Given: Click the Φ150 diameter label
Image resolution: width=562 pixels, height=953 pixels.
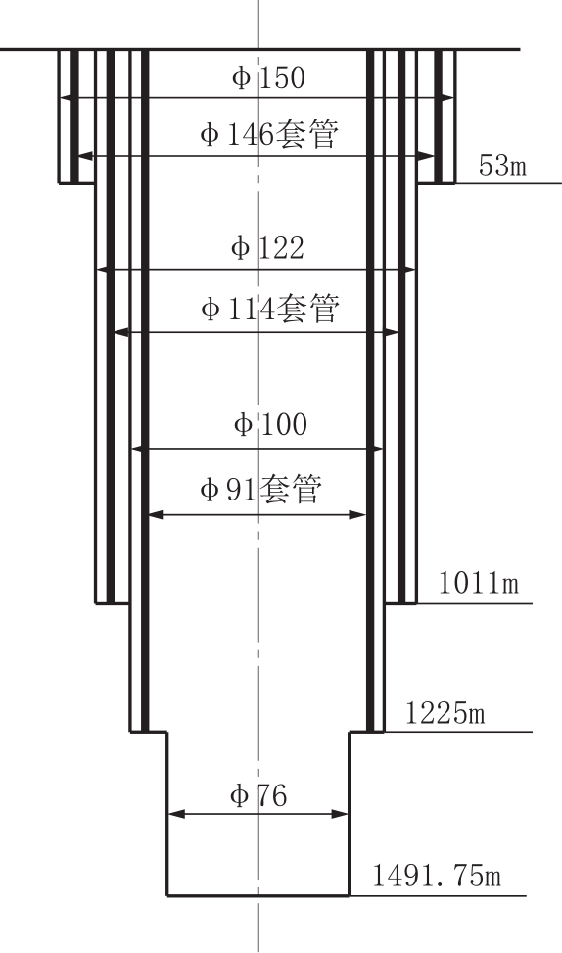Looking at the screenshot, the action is [268, 78].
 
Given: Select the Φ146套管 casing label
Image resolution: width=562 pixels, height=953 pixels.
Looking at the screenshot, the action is [268, 134].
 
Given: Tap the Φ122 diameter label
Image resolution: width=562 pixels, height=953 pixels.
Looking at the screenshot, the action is [267, 248].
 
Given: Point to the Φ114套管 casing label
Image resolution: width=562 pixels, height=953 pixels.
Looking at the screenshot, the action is [269, 309].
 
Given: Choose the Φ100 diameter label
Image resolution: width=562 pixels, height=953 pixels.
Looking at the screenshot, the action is [270, 424].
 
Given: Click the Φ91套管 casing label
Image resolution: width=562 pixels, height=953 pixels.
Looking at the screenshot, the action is [260, 490].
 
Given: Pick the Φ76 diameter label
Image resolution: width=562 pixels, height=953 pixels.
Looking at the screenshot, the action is [258, 795].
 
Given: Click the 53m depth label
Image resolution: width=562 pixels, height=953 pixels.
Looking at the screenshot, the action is [502, 166].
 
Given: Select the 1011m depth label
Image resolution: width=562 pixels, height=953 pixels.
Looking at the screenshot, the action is [479, 583].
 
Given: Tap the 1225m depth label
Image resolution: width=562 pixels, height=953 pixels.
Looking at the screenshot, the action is [445, 712].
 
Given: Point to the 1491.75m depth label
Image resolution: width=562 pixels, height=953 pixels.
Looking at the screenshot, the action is [437, 877].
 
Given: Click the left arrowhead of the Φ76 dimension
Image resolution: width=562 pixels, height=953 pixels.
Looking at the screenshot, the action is [175, 814].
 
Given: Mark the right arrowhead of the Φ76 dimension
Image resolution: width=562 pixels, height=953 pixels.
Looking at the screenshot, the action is [341, 814].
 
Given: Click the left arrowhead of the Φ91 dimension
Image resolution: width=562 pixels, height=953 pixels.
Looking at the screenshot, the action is [157, 515].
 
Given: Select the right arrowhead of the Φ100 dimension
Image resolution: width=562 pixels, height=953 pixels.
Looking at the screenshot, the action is [375, 449].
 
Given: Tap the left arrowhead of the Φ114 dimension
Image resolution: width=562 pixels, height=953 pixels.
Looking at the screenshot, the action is [122, 332].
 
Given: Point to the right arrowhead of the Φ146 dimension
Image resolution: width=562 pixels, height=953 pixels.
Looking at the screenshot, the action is [427, 156].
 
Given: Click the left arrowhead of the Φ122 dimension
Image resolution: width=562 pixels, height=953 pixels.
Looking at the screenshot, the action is [103, 270].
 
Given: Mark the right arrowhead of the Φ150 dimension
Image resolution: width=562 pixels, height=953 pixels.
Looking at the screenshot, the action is [446, 97].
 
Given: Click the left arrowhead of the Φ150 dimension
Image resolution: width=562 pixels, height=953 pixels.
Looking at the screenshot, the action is [67, 97].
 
